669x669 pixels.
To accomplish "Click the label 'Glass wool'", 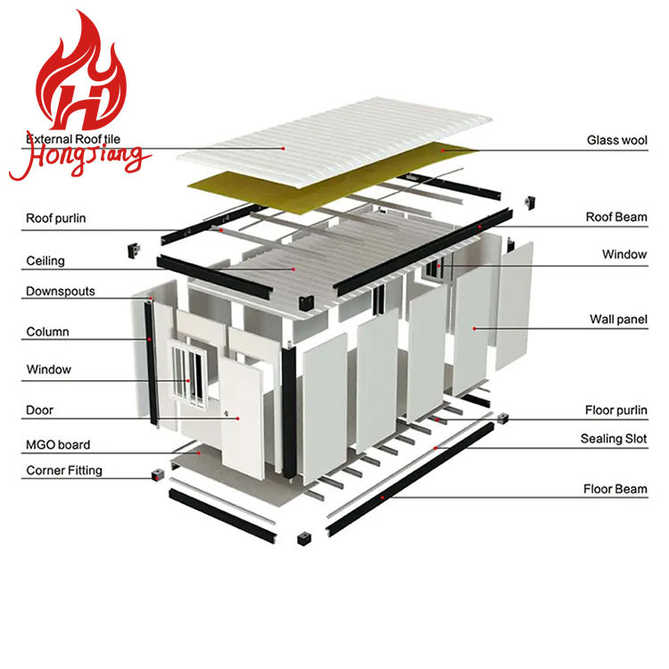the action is coord(616,140).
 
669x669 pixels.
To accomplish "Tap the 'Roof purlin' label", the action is coord(56,218).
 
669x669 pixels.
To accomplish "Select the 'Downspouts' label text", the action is coord(60,291).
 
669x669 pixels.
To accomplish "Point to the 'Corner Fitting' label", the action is coord(64,470).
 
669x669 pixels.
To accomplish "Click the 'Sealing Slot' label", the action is coord(614,439).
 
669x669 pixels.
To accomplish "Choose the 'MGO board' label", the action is coord(58,444).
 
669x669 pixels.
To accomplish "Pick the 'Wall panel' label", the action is coord(618,318).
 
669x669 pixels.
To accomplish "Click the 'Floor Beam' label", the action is coord(615,489).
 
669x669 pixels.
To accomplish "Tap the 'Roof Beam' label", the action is coord(616,217).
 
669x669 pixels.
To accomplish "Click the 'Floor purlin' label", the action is coord(615,410).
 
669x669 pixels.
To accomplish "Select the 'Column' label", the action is coord(47,332).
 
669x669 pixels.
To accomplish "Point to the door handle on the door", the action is coord(228,413).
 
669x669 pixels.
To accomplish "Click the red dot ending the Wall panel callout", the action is coord(474,328).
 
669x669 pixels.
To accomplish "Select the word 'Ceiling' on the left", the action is coord(45,261).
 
